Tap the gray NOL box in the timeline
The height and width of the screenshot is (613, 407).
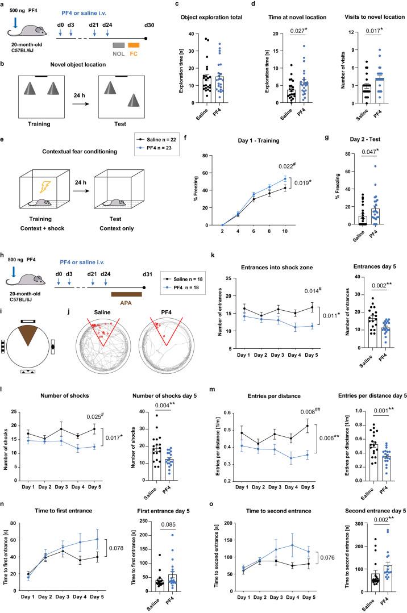118,45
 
